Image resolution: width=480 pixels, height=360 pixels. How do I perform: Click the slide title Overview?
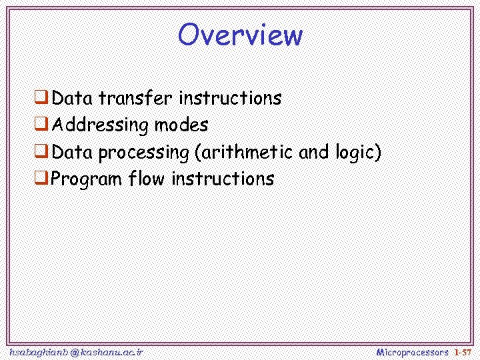point(240,35)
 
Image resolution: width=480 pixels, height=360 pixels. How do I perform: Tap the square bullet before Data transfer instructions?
point(41,99)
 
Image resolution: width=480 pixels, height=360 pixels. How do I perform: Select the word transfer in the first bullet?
point(136,99)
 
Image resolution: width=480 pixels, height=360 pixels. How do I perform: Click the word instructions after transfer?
point(230,99)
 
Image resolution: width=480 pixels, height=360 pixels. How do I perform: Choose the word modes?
point(181,125)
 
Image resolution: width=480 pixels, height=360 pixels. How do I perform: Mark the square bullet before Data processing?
point(41,153)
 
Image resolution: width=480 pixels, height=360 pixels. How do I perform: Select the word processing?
point(143,153)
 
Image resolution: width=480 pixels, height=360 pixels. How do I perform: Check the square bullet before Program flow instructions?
point(41,179)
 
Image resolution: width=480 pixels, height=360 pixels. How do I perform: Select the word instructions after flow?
point(223,179)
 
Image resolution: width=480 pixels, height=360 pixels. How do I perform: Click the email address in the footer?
point(76,351)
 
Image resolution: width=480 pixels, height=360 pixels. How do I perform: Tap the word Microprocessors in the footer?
point(412,351)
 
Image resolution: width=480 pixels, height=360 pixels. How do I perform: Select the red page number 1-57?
point(463,351)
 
